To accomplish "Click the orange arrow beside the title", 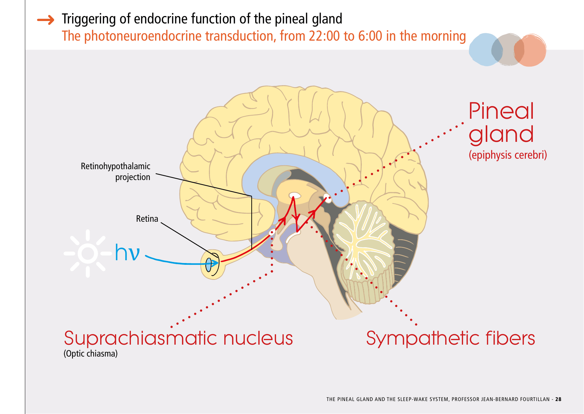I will pyautogui.click(x=46, y=20).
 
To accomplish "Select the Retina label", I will pyautogui.click(x=147, y=219).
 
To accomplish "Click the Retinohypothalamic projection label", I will pyautogui.click(x=116, y=171).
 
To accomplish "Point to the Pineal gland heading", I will pyautogui.click(x=501, y=123).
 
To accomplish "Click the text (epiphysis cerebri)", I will pyautogui.click(x=508, y=155).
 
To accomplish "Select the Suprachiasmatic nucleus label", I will pyautogui.click(x=178, y=338).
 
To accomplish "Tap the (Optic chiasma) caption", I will pyautogui.click(x=90, y=354).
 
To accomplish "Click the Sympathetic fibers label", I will pyautogui.click(x=450, y=338).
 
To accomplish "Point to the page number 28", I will pyautogui.click(x=558, y=399).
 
